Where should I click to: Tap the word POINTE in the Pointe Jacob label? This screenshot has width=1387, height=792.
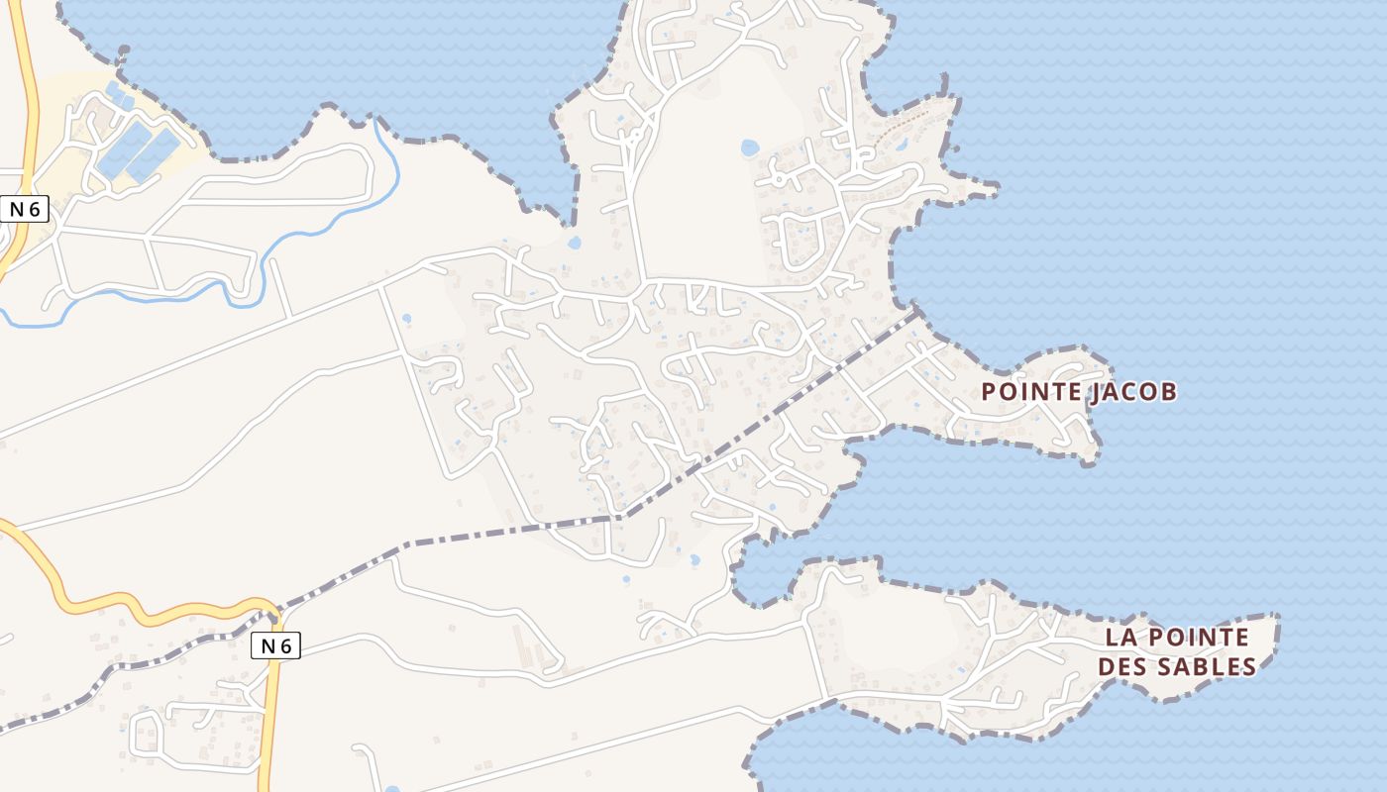pyautogui.click(x=1031, y=392)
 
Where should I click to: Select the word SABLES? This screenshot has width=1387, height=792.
pyautogui.click(x=1206, y=666)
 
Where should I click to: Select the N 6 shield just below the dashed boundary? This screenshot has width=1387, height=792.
pyautogui.click(x=275, y=645)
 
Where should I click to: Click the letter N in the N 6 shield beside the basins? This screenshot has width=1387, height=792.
pyautogui.click(x=17, y=209)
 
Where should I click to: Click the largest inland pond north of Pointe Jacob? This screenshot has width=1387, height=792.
pyautogui.click(x=750, y=148)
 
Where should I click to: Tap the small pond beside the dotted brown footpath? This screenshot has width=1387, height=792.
pyautogui.click(x=903, y=147)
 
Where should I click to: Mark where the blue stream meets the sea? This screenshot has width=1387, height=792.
pyautogui.click(x=376, y=120)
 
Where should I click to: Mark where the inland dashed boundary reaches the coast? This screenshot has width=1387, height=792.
pyautogui.click(x=915, y=312)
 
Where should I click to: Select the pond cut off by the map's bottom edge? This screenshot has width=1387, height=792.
pyautogui.click(x=393, y=789)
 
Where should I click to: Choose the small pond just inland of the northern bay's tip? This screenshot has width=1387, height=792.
pyautogui.click(x=574, y=241)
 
